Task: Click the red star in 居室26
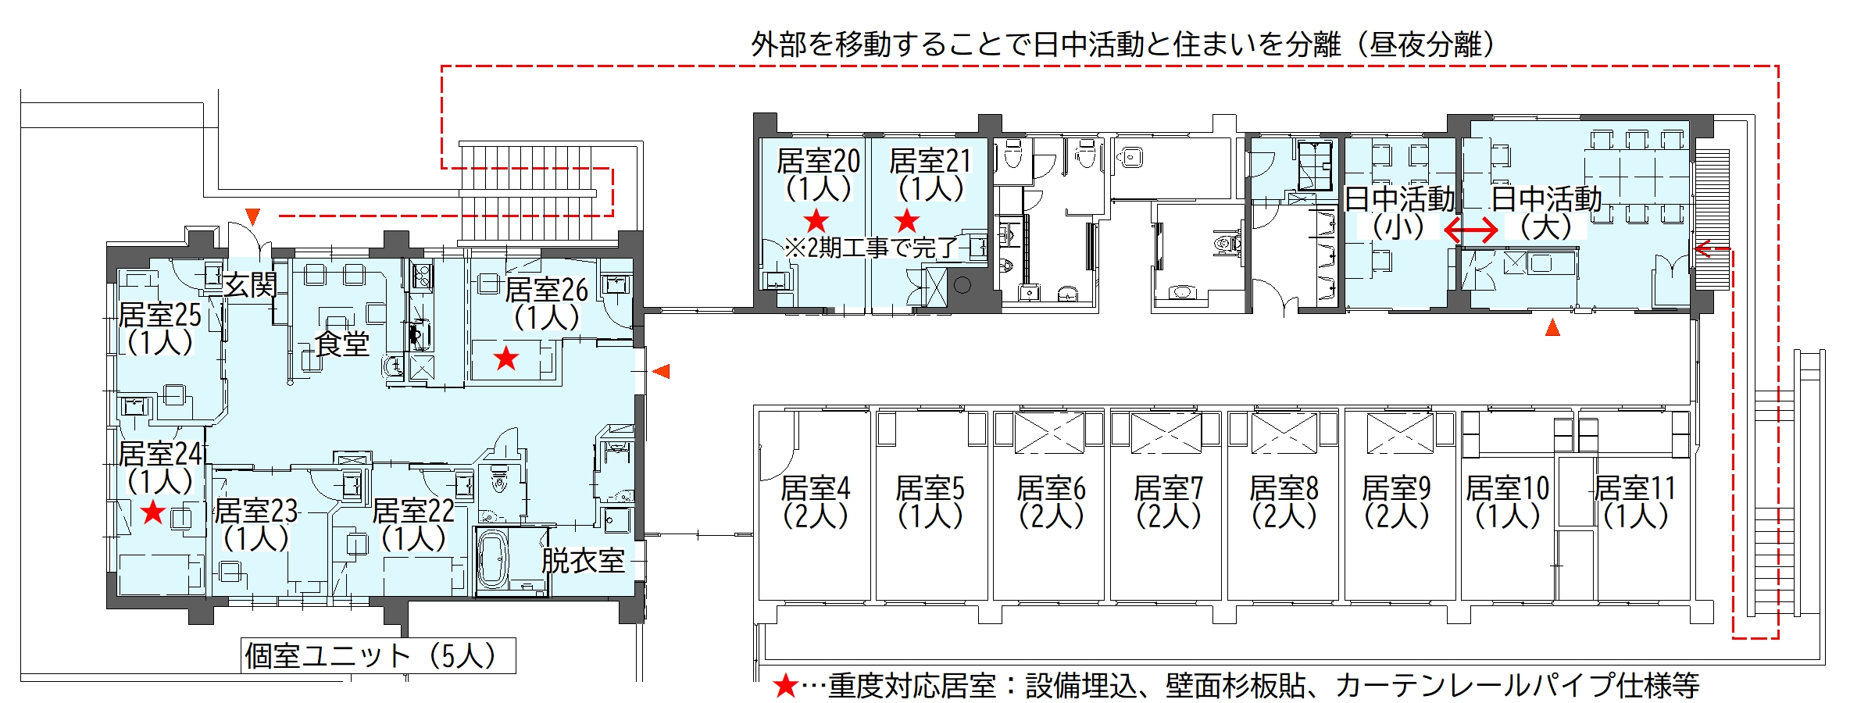pos(506,359)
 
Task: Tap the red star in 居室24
pos(153,512)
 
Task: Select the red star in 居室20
pos(816,220)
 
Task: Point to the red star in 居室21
pos(907,220)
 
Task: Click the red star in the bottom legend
pos(785,687)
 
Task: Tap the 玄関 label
pos(250,285)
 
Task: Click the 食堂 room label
pos(342,344)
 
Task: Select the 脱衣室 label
pos(584,561)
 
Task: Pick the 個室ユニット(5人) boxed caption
pos(378,655)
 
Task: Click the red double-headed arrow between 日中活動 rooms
pos(1470,230)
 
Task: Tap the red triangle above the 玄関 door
pos(252,216)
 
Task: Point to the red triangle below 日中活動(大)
pos(1552,327)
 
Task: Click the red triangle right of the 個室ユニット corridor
pos(661,371)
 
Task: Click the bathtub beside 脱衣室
pos(493,560)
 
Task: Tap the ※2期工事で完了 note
pos(871,248)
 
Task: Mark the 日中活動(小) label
pos(1399,212)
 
